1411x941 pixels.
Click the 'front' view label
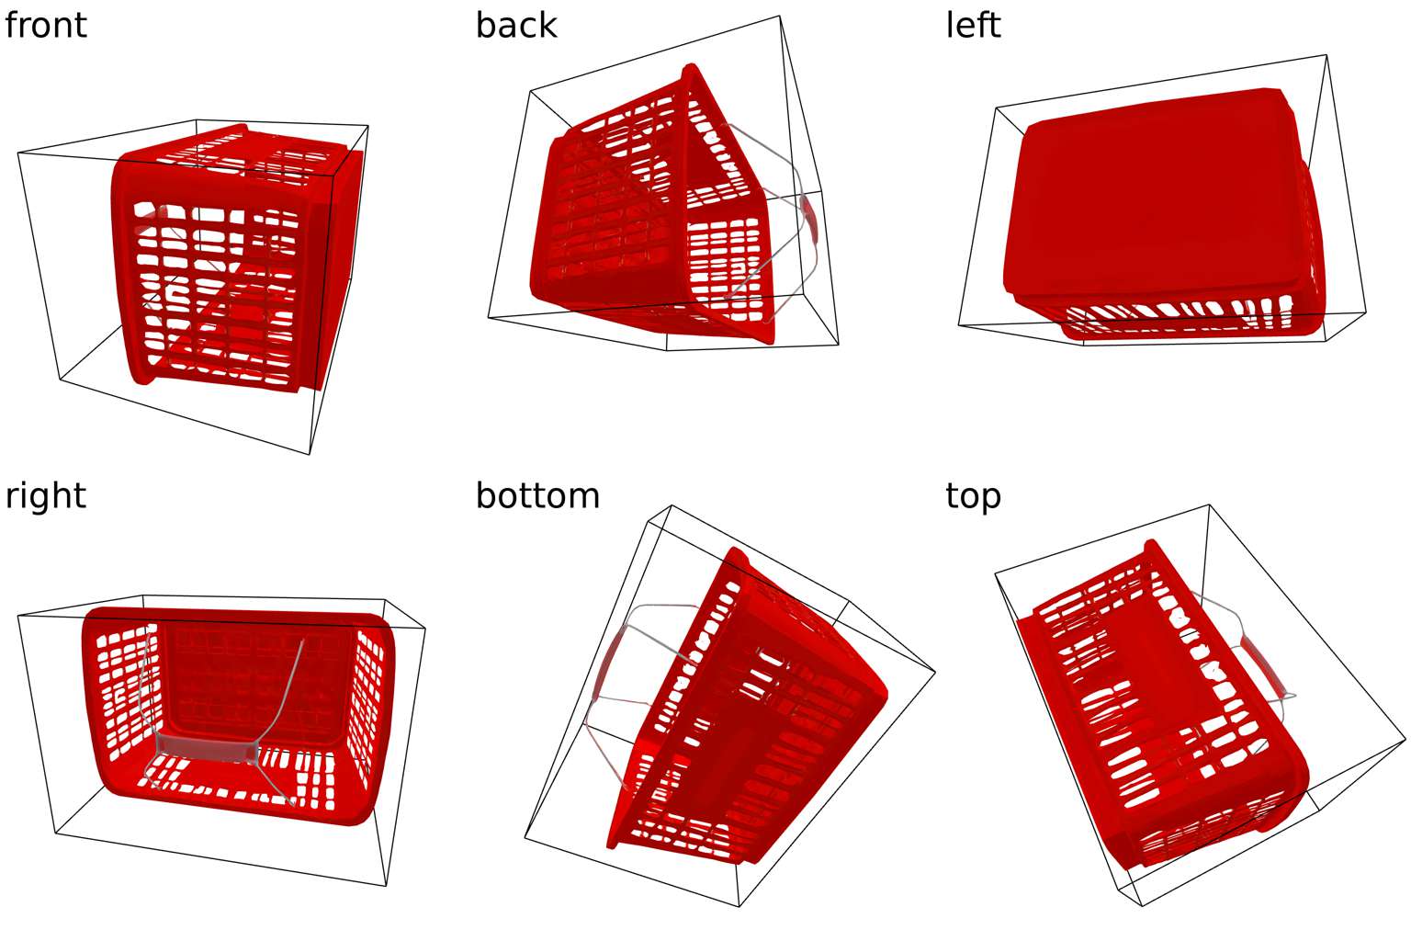tap(46, 25)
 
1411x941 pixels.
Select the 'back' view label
tap(516, 25)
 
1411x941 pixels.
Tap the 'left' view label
tap(973, 25)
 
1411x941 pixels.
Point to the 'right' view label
tap(46, 495)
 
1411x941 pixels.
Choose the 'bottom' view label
tap(537, 495)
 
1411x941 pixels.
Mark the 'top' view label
tap(973, 495)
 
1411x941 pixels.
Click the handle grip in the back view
tap(810, 218)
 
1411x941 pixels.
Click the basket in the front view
tap(230, 266)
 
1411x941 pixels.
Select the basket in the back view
tap(643, 221)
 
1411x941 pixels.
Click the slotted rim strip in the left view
tap(1194, 317)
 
